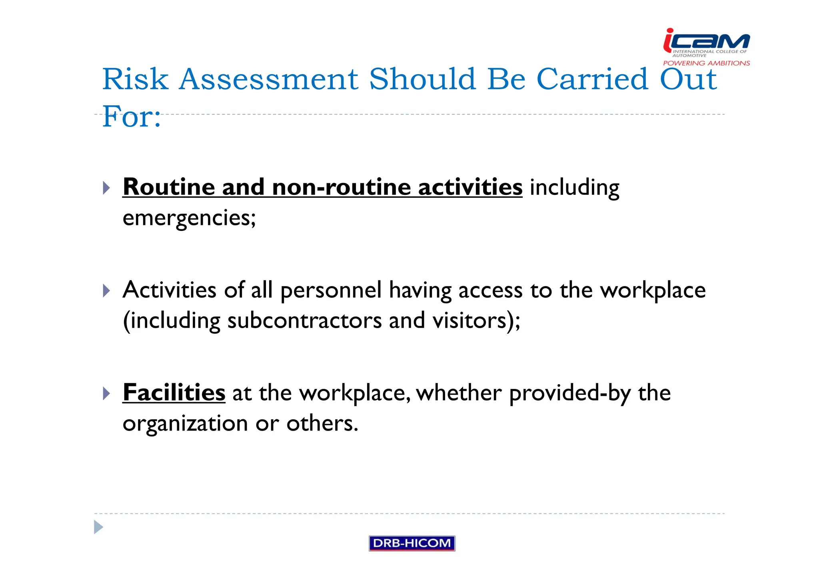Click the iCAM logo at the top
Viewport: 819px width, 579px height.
click(x=706, y=41)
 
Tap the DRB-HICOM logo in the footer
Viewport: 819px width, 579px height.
click(x=411, y=543)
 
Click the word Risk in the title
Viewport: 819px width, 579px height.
click(x=135, y=79)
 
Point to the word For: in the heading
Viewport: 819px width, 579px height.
click(x=132, y=117)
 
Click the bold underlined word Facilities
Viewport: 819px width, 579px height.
click(x=174, y=393)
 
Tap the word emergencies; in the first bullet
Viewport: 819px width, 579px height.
click(x=189, y=218)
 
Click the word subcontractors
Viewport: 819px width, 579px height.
click(x=304, y=321)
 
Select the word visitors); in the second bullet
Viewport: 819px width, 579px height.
click(x=476, y=321)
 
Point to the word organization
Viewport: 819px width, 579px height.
click(x=185, y=424)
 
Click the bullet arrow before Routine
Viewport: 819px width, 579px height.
click(x=106, y=188)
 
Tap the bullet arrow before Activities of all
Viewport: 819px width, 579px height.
click(x=106, y=291)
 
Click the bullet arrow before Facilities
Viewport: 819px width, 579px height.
click(x=106, y=393)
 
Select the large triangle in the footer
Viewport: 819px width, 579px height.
click(x=98, y=527)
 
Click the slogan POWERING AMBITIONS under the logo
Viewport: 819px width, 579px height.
click(x=706, y=63)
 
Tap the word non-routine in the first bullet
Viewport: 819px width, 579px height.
click(x=341, y=187)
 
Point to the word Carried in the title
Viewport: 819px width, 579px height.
click(x=592, y=79)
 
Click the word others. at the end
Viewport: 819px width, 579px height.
click(x=322, y=424)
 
